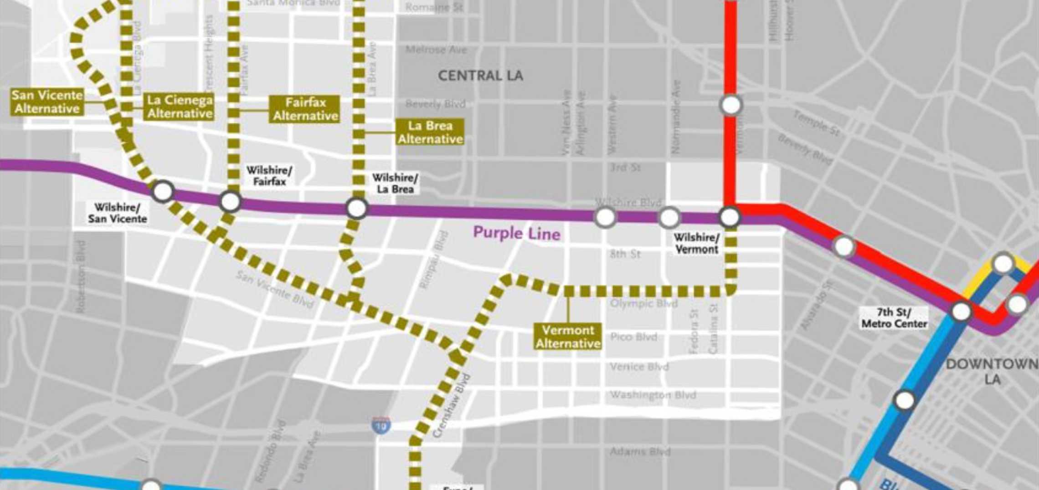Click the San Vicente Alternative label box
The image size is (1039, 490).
(47, 102)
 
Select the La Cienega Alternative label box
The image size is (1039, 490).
(180, 107)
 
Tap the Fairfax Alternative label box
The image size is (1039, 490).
(305, 109)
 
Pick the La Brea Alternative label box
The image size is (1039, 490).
(430, 132)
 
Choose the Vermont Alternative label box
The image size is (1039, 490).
(568, 337)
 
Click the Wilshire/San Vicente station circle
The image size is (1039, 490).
(163, 191)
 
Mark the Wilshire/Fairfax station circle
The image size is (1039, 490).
(230, 201)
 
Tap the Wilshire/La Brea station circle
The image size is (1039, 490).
(357, 209)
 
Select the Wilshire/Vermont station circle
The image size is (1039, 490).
(730, 217)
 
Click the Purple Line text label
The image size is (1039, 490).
(516, 233)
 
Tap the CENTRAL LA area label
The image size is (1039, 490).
(480, 76)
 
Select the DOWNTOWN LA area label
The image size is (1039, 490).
(993, 371)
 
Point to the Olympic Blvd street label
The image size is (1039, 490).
(644, 303)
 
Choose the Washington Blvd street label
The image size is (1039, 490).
(653, 395)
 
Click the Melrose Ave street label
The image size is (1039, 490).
(436, 50)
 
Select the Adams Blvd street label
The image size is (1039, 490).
(640, 452)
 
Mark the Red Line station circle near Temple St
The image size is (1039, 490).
(731, 105)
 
